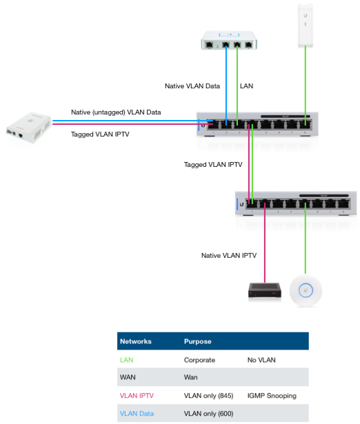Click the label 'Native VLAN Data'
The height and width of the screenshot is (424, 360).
pyautogui.click(x=192, y=86)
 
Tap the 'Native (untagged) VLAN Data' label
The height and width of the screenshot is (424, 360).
pyautogui.click(x=116, y=112)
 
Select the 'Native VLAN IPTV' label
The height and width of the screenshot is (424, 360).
pyautogui.click(x=229, y=256)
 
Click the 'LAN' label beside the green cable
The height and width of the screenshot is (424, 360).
pyautogui.click(x=246, y=86)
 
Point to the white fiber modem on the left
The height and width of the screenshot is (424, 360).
pyautogui.click(x=29, y=128)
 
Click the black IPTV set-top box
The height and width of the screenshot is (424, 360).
pyautogui.click(x=265, y=290)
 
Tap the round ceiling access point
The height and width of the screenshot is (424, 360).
pyautogui.click(x=306, y=291)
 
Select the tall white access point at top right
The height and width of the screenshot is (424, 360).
pyautogui.click(x=306, y=26)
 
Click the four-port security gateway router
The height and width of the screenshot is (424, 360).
pyautogui.click(x=229, y=41)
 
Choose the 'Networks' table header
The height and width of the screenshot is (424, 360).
pyautogui.click(x=135, y=341)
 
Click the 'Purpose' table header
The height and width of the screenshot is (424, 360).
pyautogui.click(x=198, y=341)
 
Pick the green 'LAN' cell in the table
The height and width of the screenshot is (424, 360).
pyautogui.click(x=127, y=360)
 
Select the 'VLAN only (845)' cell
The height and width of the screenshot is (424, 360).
pyautogui.click(x=208, y=396)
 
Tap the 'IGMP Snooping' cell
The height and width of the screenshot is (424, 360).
pyautogui.click(x=272, y=396)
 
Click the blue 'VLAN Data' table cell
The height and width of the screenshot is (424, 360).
pyautogui.click(x=137, y=414)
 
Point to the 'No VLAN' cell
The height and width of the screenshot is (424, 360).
pyautogui.click(x=261, y=360)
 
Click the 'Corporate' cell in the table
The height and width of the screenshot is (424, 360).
pyautogui.click(x=199, y=360)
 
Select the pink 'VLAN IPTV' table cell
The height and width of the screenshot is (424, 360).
pyautogui.click(x=137, y=396)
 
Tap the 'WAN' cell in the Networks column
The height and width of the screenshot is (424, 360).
pyautogui.click(x=128, y=377)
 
